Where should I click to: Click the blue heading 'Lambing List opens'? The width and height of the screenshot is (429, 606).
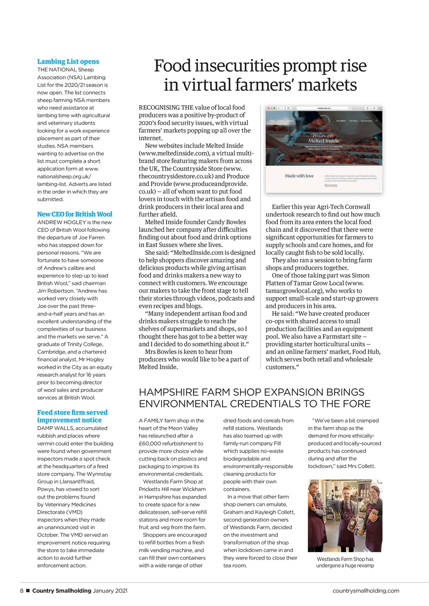[68, 62]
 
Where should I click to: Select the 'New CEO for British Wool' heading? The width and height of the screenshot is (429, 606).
[75, 214]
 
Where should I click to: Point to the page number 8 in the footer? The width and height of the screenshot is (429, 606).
[22, 590]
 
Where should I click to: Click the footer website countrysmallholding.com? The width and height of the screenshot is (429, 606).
[366, 590]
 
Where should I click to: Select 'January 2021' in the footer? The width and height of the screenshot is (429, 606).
[110, 590]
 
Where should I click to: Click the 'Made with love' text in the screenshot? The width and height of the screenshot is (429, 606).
[299, 176]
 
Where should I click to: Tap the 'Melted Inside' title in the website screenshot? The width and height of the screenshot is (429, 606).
[323, 141]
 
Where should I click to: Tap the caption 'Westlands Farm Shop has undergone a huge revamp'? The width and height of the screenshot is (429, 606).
[345, 562]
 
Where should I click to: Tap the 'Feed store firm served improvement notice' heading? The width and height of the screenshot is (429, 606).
[72, 416]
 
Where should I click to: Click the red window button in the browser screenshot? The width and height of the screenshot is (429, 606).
[269, 108]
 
